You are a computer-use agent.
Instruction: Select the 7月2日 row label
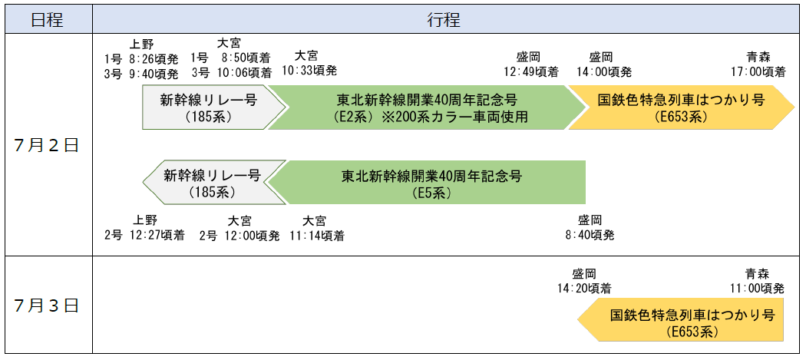click(47, 145)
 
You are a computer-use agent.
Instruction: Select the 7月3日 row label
click(47, 305)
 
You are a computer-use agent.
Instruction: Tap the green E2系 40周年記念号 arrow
click(424, 108)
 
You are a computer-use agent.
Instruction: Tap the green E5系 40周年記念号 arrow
click(431, 183)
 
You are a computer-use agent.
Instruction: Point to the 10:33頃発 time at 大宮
click(309, 71)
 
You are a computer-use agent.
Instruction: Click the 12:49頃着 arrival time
click(530, 72)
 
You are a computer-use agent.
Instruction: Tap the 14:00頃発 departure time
click(604, 72)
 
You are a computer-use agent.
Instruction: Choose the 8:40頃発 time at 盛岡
click(590, 236)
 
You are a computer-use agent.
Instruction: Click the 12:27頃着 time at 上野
click(157, 236)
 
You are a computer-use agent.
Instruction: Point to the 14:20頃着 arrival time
click(584, 289)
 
